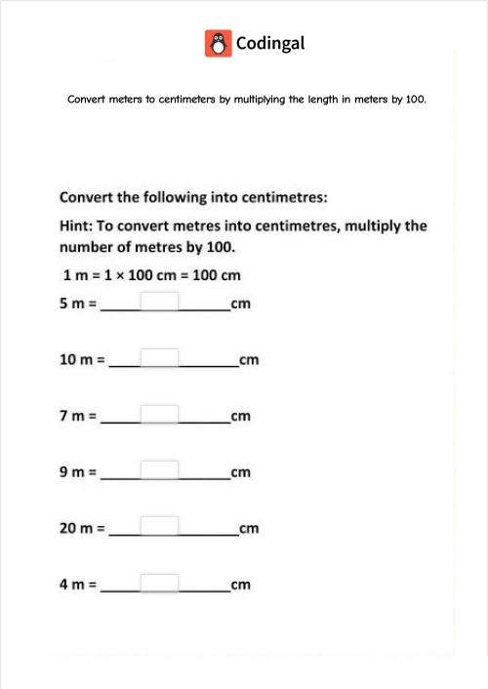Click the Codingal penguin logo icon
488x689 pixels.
[218, 43]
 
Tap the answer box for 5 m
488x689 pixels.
[160, 302]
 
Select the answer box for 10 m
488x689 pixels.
[160, 358]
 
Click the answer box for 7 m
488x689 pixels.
[160, 415]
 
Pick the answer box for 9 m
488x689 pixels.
[160, 470]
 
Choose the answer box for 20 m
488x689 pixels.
[160, 527]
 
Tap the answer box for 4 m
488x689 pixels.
[160, 584]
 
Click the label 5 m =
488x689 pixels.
[78, 304]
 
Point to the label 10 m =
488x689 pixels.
[82, 360]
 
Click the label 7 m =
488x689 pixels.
[78, 417]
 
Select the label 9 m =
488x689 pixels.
[78, 473]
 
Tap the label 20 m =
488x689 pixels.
[82, 529]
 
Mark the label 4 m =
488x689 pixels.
[78, 586]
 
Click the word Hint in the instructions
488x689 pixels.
[77, 225]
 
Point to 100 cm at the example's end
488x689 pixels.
[217, 275]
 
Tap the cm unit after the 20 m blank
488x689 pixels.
[249, 529]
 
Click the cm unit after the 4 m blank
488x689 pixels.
[241, 586]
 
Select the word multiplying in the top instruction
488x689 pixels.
[263, 100]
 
